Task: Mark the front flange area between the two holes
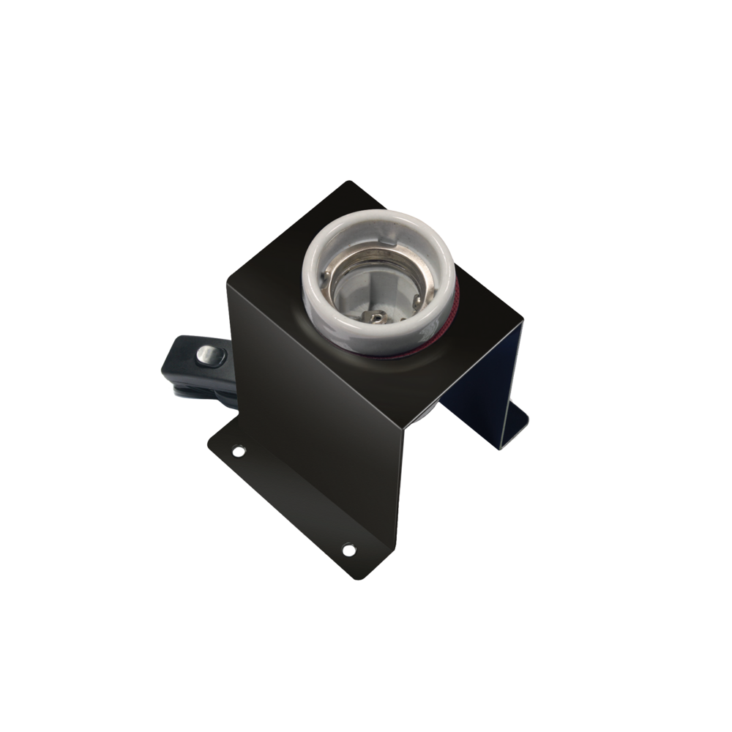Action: [293, 498]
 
